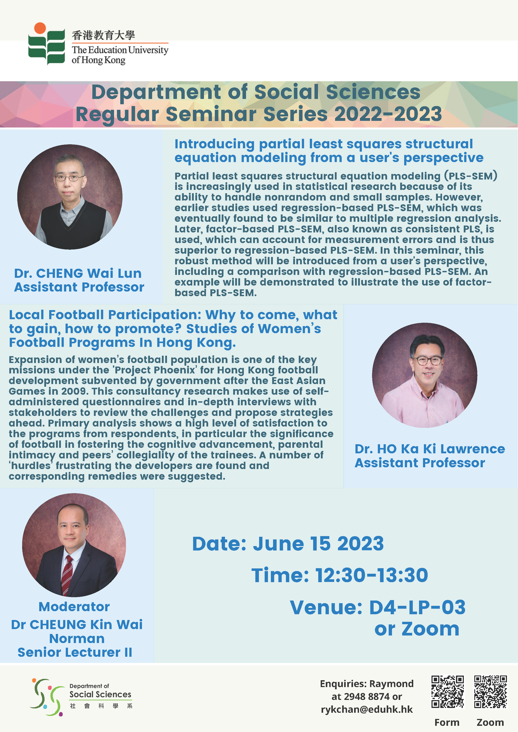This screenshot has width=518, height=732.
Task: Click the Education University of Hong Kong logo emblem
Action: (x=47, y=44)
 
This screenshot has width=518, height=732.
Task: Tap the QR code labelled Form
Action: (x=448, y=691)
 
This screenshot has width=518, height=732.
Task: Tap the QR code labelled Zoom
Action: (x=490, y=691)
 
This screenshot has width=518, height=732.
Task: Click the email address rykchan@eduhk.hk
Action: (x=367, y=709)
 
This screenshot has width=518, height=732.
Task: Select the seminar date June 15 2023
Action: (x=318, y=544)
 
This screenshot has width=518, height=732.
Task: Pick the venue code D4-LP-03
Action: (x=417, y=607)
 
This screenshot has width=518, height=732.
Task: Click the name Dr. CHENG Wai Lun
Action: (x=78, y=273)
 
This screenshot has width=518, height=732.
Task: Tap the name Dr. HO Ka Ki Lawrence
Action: (x=430, y=449)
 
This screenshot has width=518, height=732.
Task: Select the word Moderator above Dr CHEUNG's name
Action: (x=74, y=607)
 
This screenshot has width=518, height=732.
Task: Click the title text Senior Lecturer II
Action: (x=75, y=652)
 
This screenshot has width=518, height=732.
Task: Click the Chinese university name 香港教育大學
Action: (x=103, y=35)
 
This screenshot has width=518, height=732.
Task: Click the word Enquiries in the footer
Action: (x=343, y=684)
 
